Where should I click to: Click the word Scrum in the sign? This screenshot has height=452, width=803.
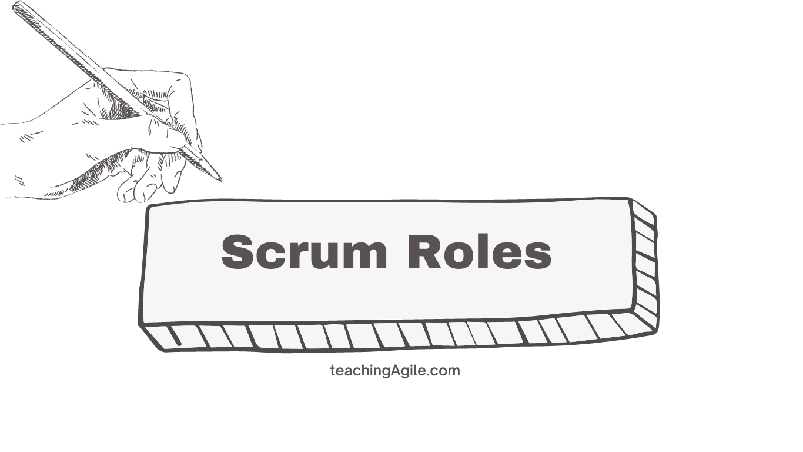[x=305, y=251]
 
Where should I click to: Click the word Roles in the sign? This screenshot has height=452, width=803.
[x=480, y=251]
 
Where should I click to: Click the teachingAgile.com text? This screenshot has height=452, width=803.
[x=395, y=371]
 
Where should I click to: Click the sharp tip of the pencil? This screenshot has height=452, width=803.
[x=221, y=180]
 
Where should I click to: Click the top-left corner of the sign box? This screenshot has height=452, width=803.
[x=148, y=207]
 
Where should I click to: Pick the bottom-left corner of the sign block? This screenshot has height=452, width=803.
[x=140, y=325]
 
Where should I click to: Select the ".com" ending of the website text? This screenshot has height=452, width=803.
[x=443, y=371]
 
